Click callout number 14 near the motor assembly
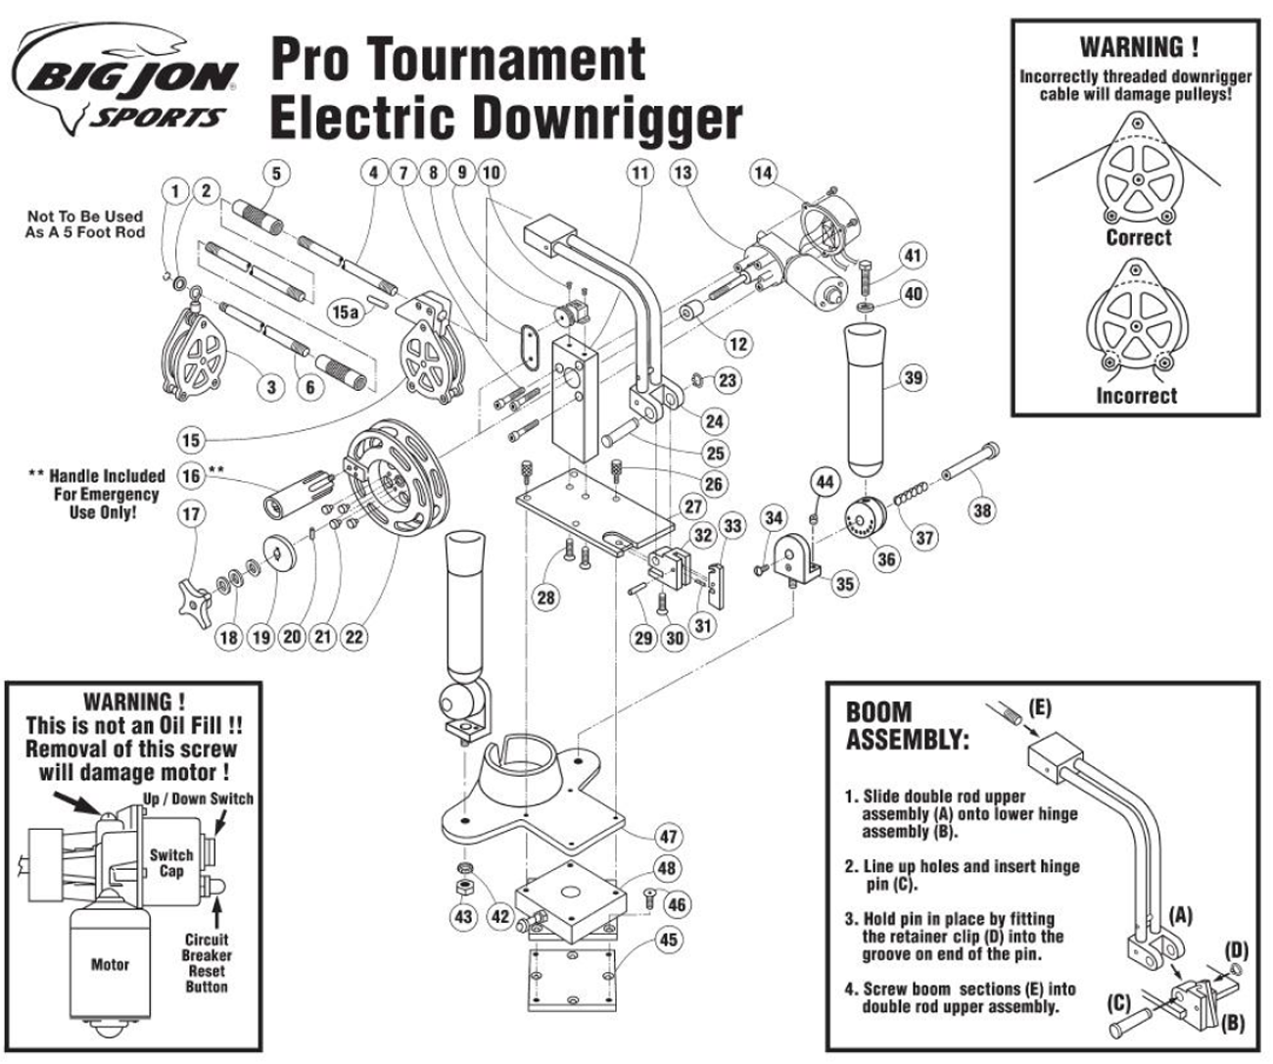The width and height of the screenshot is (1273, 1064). pyautogui.click(x=764, y=173)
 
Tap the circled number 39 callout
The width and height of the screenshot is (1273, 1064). pyautogui.click(x=914, y=377)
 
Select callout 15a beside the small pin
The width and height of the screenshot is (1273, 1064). pyautogui.click(x=345, y=312)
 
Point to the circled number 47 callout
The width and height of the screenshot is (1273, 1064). pyautogui.click(x=669, y=837)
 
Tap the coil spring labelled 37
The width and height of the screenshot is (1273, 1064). pyautogui.click(x=911, y=493)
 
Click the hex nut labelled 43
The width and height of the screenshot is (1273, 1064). pyautogui.click(x=464, y=887)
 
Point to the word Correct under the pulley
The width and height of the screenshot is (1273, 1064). pyautogui.click(x=1138, y=237)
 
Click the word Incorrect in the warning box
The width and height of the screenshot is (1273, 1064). pyautogui.click(x=1137, y=396)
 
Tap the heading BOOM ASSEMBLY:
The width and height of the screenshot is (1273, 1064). pyautogui.click(x=907, y=726)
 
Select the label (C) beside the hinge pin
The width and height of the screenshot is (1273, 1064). pyautogui.click(x=1118, y=1002)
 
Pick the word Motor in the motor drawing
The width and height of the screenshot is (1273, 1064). pyautogui.click(x=110, y=964)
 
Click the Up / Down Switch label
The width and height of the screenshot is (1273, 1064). pyautogui.click(x=198, y=798)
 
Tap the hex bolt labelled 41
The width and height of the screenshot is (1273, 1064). pyautogui.click(x=867, y=276)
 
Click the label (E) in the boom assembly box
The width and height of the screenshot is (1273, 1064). pyautogui.click(x=1040, y=707)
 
